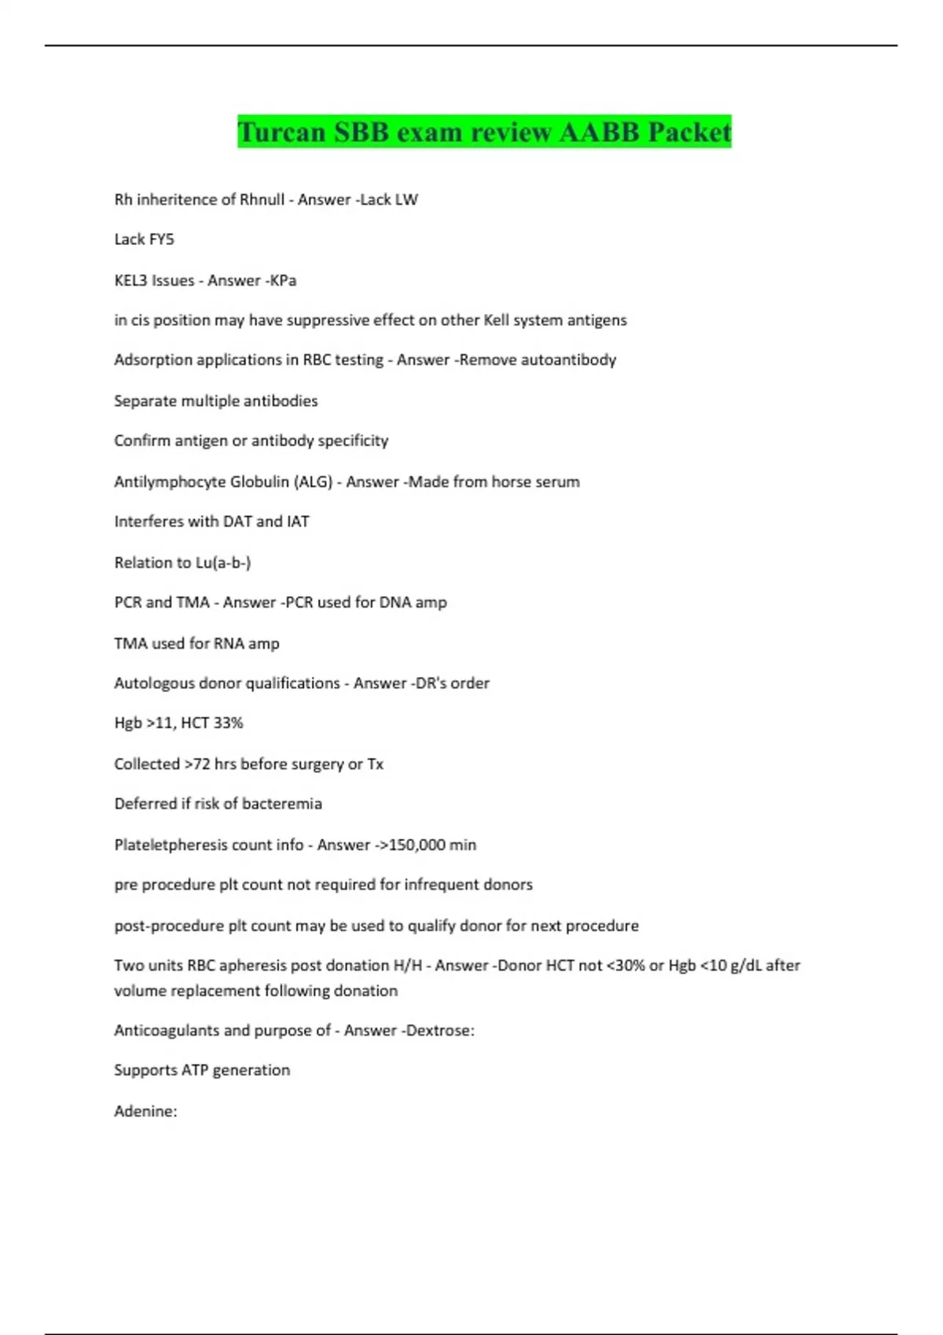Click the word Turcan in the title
[281, 132]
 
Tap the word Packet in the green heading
[689, 132]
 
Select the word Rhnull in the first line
[262, 199]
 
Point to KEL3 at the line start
[130, 280]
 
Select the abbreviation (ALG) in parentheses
[313, 481]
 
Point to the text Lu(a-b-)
[222, 562]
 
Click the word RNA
[229, 643]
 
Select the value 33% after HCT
[228, 722]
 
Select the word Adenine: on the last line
[145, 1111]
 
